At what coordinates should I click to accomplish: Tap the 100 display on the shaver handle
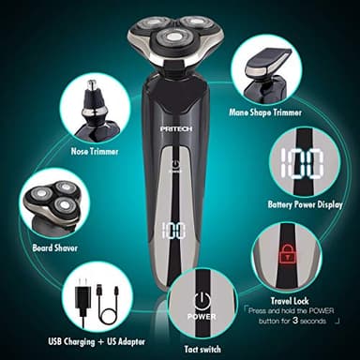172,230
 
